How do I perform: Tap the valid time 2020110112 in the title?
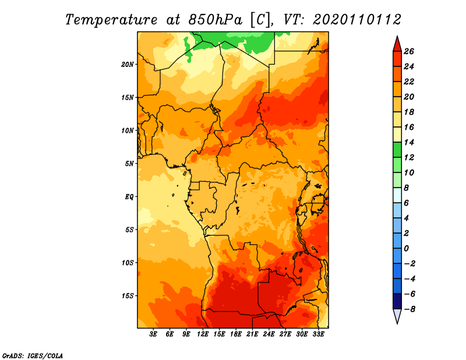357,19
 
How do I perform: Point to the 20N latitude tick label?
128,64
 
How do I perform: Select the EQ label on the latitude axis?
129,196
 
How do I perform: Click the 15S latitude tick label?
128,295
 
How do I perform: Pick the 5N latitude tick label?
129,163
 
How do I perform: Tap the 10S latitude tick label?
128,263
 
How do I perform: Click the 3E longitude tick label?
154,334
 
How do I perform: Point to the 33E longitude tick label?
319,334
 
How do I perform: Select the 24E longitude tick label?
269,334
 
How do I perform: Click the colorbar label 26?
408,51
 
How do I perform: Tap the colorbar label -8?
408,309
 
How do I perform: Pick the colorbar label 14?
408,142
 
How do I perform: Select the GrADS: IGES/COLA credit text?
33,355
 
